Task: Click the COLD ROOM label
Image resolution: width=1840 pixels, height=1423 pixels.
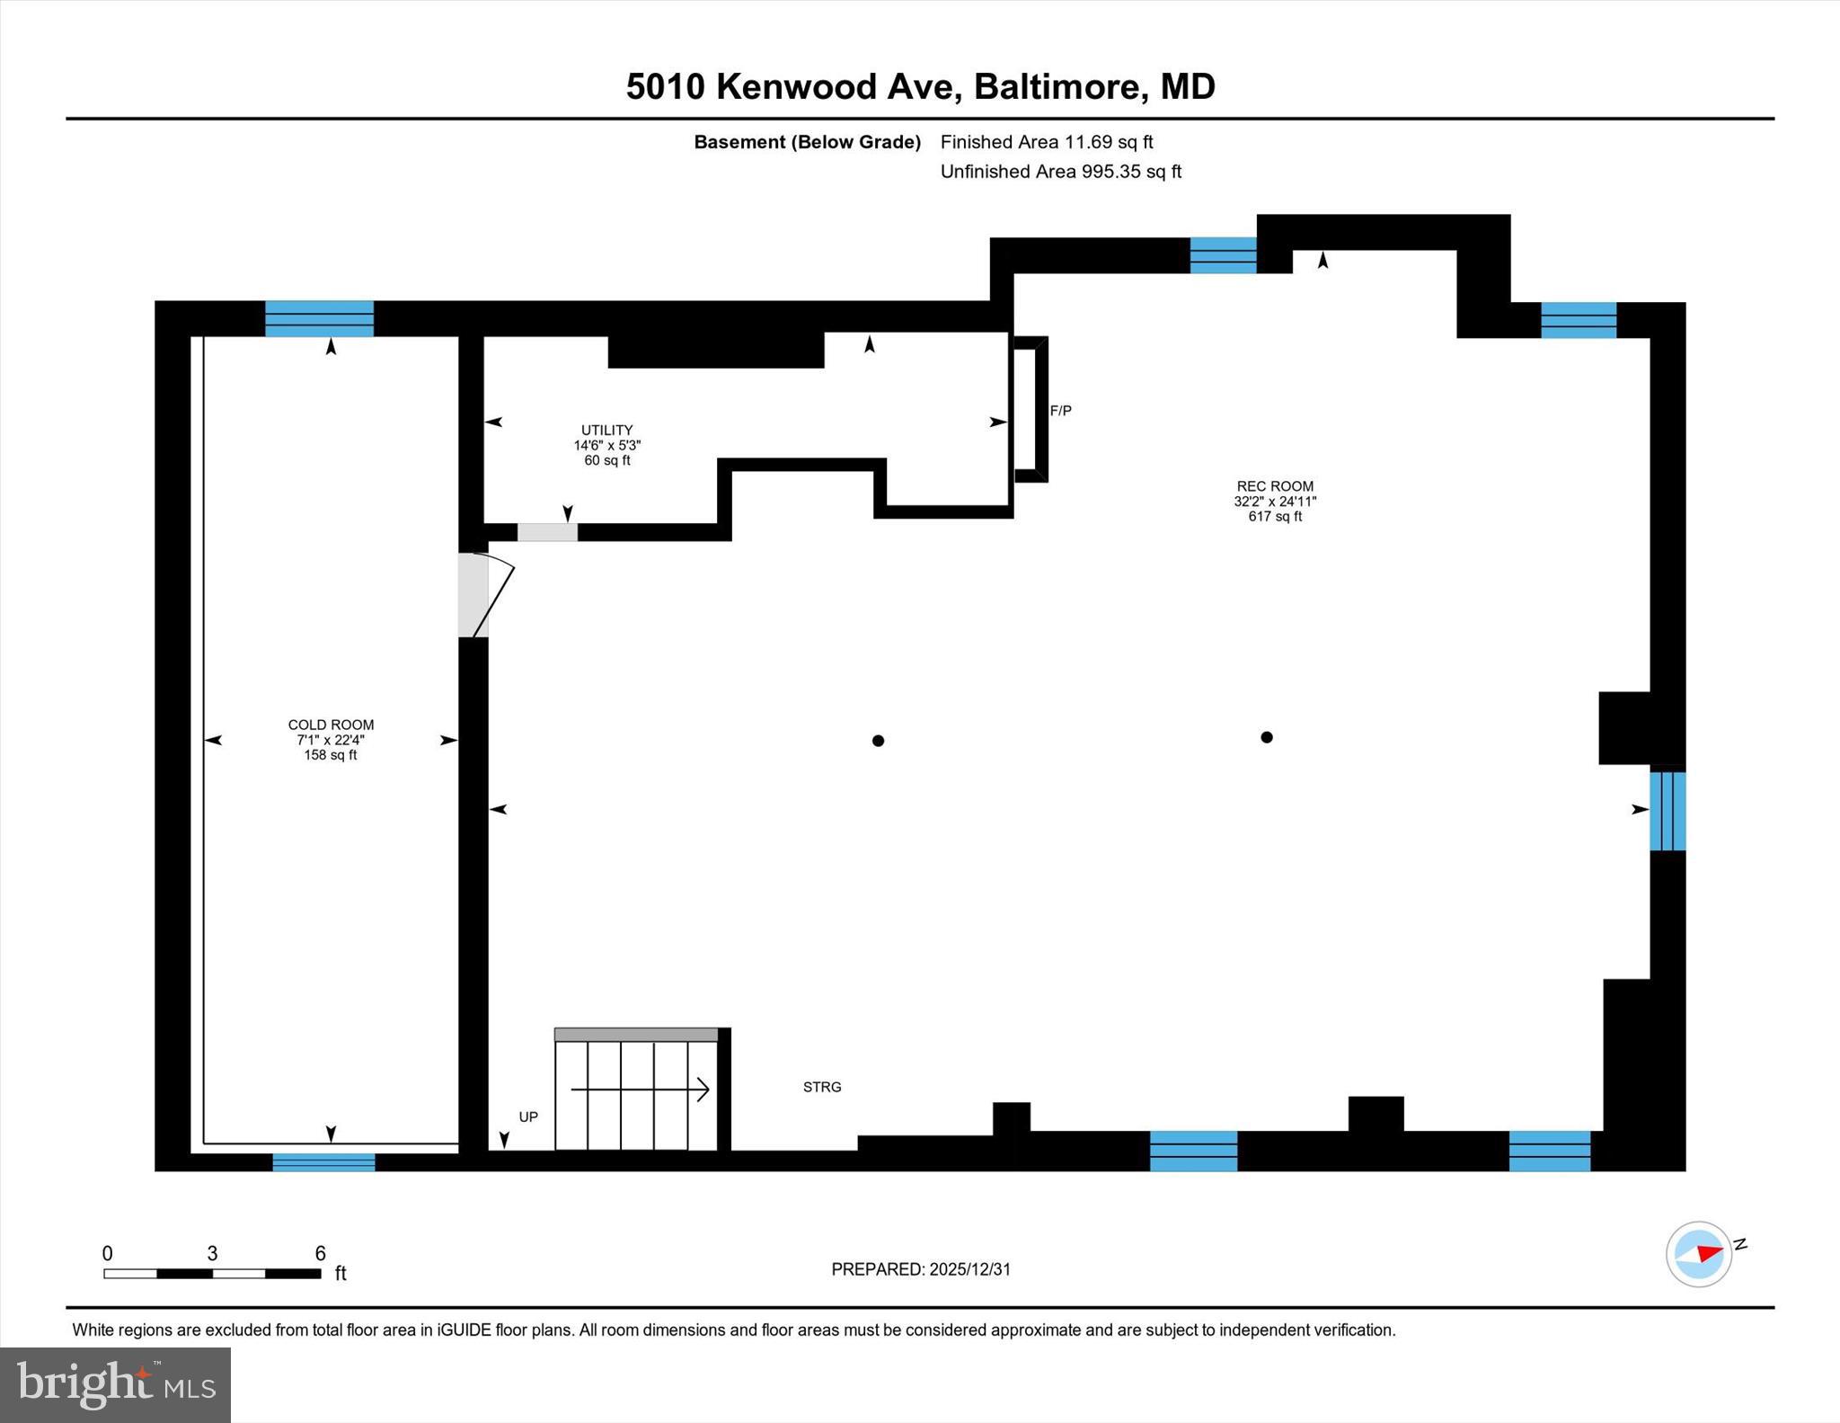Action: (x=331, y=725)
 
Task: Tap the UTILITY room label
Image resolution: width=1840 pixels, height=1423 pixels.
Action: (x=606, y=430)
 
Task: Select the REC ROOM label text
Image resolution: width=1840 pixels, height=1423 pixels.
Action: (x=1274, y=486)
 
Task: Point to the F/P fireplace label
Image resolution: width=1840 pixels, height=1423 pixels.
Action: (x=1060, y=411)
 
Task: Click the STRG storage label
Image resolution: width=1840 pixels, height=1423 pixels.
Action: (x=822, y=1087)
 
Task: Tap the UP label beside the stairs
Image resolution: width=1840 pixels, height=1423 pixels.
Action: (x=528, y=1117)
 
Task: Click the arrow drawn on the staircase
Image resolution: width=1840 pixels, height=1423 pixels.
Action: (x=640, y=1090)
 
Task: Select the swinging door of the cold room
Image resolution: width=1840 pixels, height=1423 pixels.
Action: (x=492, y=596)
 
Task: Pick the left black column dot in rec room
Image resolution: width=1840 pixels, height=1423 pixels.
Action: (x=878, y=741)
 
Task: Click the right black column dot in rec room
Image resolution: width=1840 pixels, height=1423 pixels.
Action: (x=1267, y=737)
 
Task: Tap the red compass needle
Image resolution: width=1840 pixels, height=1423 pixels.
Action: (x=1709, y=1253)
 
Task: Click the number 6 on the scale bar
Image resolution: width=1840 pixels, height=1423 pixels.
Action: (x=320, y=1253)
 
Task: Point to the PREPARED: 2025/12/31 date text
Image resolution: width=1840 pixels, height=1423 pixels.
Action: (x=921, y=1269)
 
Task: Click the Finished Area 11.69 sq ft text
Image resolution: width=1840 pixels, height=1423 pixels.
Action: (x=1046, y=142)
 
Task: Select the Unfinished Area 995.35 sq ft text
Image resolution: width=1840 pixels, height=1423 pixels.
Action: (x=1060, y=172)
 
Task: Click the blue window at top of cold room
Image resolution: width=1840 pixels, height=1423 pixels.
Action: (x=319, y=318)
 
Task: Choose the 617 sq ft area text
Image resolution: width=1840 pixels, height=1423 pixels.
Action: (x=1274, y=517)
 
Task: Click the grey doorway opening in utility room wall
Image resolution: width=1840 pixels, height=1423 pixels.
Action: (x=547, y=532)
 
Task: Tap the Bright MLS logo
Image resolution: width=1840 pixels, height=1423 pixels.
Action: (x=115, y=1384)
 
